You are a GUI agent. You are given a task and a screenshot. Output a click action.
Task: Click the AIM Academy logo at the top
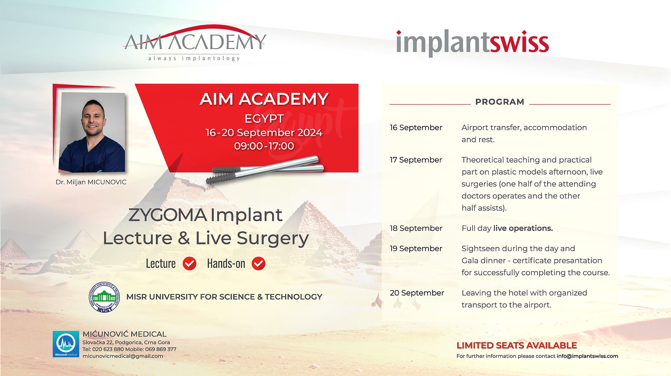point(194,44)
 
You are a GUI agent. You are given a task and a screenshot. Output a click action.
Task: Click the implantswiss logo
point(472,44)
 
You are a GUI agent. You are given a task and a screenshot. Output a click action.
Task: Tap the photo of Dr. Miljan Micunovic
point(92,133)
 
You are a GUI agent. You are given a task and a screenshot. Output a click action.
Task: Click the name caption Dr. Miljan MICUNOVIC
point(91,182)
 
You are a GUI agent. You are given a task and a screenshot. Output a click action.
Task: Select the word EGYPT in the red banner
point(264,119)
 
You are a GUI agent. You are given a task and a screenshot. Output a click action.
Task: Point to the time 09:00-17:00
point(264,146)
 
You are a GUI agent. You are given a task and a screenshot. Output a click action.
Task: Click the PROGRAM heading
point(500,102)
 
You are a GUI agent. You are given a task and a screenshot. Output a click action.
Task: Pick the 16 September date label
point(416,127)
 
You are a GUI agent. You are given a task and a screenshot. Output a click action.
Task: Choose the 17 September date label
point(416,160)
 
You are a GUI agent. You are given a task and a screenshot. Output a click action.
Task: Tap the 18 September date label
point(416,228)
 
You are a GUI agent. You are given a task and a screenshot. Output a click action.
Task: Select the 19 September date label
point(416,248)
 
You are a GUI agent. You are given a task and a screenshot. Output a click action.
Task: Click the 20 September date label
point(417,293)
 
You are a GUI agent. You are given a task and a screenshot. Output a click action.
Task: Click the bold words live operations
point(523,228)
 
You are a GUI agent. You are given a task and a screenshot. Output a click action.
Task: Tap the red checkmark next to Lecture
point(190,264)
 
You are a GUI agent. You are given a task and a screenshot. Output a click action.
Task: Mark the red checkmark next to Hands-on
point(259,264)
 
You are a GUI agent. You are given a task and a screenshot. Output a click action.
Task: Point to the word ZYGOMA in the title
point(168,215)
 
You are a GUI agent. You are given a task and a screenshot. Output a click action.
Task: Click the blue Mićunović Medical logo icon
point(66,344)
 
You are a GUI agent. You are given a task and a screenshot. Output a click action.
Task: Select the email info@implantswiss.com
point(587,356)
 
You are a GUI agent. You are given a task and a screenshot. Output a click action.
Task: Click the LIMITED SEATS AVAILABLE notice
point(517,345)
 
